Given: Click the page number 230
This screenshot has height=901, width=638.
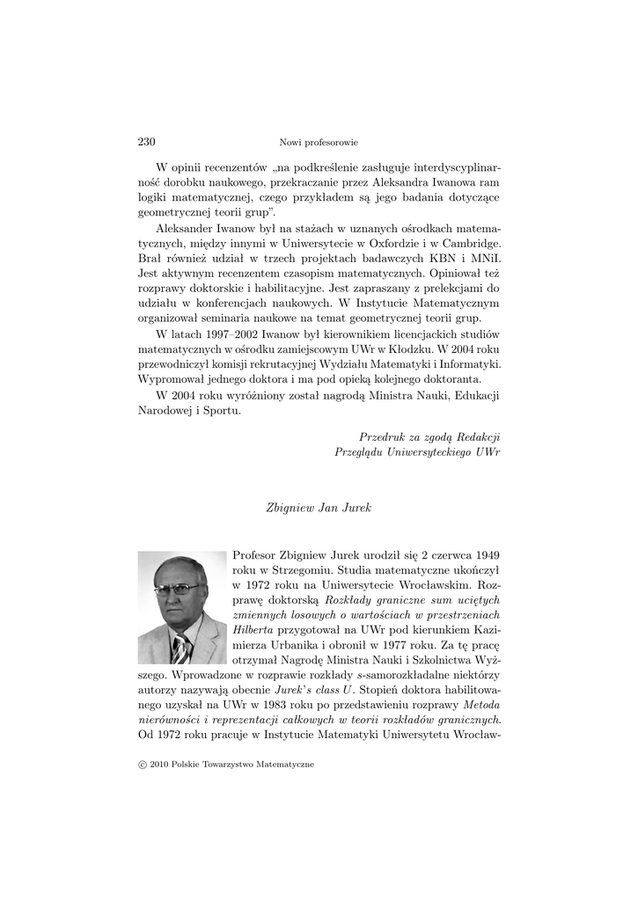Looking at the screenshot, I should (147, 142).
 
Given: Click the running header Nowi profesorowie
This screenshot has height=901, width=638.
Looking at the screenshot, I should (319, 143).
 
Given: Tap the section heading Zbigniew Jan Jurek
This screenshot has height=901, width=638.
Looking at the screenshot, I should (319, 508).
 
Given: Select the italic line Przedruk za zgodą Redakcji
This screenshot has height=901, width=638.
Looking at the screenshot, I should (429, 436).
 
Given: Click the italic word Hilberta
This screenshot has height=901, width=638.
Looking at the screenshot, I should (253, 630).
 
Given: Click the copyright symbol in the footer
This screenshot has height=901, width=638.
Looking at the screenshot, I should (143, 765).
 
